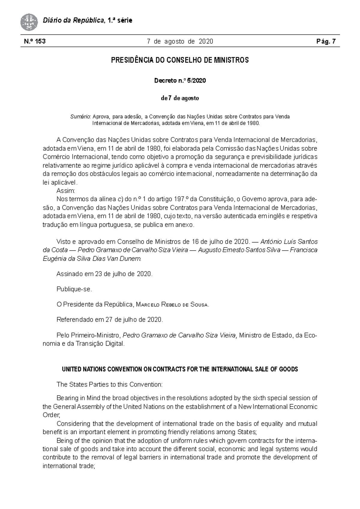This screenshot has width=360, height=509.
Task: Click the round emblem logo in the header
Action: (29, 22)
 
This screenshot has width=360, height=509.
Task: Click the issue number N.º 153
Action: (35, 42)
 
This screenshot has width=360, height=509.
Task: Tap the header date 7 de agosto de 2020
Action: (180, 42)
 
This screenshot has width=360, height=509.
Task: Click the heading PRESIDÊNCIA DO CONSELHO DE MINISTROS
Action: (180, 60)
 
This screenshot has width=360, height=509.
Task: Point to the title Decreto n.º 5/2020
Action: (180, 81)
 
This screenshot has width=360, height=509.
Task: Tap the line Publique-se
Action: (74, 290)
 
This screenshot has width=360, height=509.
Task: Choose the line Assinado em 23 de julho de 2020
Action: (104, 274)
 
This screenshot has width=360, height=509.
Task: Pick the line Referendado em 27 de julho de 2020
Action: (109, 320)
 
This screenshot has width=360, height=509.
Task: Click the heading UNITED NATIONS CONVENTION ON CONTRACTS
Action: (180, 369)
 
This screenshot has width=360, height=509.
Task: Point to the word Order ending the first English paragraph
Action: (51, 415)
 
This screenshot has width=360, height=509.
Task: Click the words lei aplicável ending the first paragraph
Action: (60, 183)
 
